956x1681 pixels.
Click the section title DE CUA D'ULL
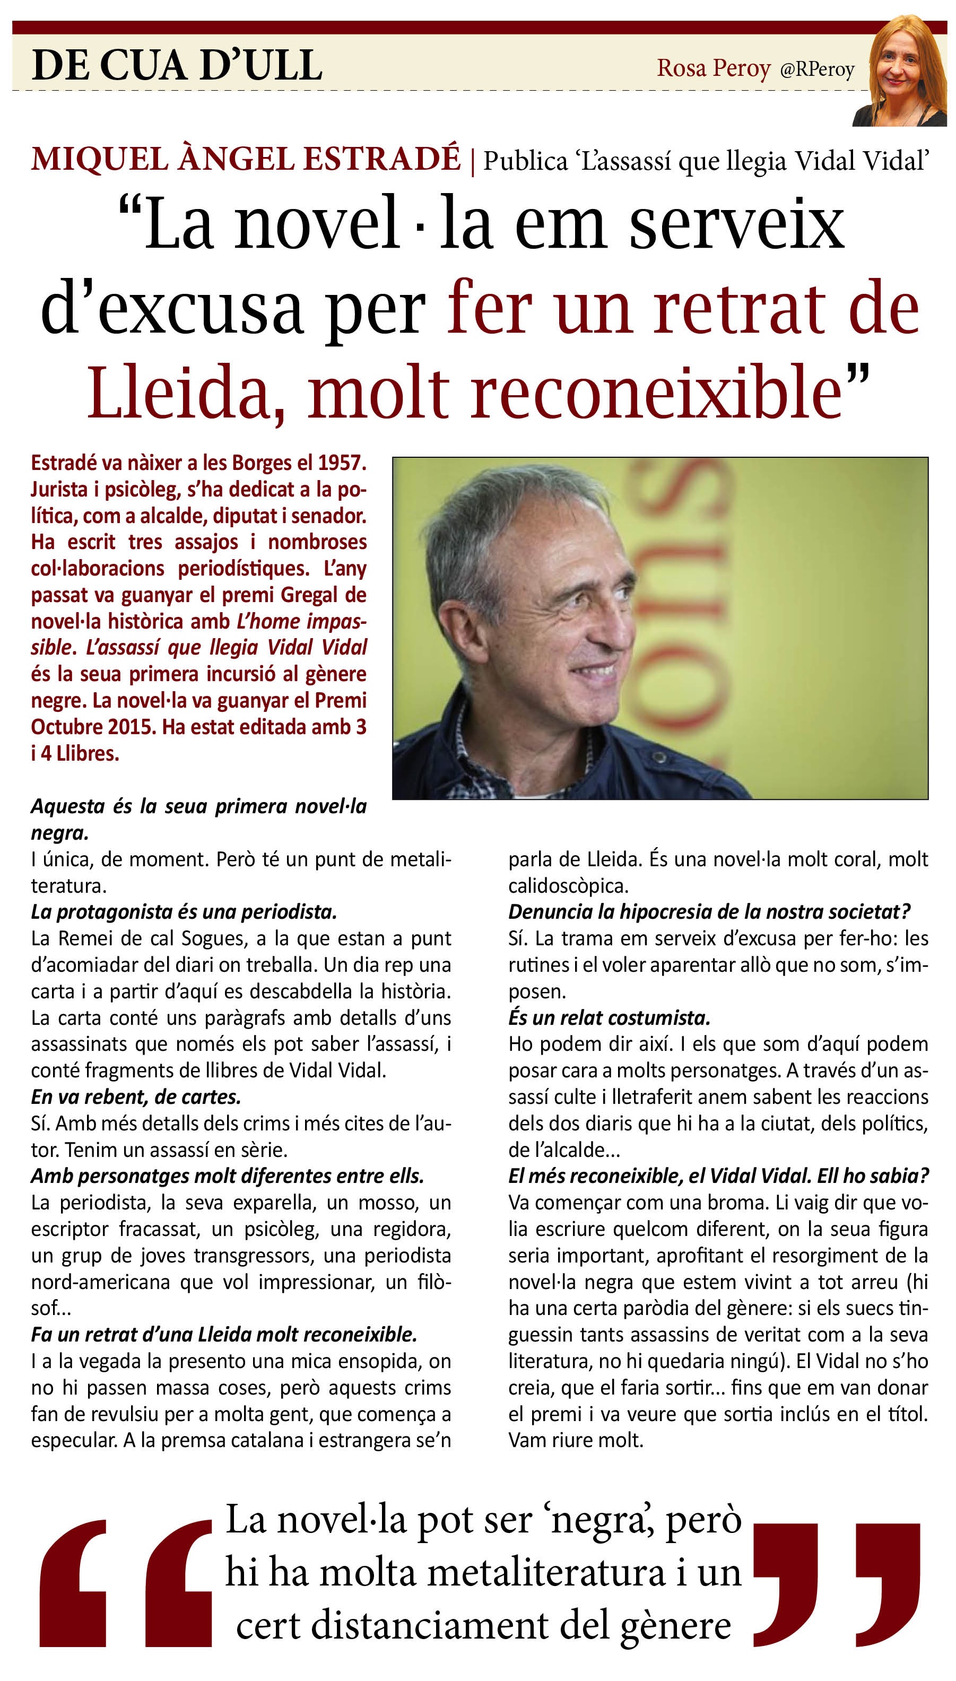point(177,66)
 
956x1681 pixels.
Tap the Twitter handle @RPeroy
point(817,69)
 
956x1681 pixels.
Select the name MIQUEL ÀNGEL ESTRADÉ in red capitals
point(246,160)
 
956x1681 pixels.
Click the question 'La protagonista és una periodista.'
point(184,912)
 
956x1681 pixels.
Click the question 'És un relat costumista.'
point(610,1017)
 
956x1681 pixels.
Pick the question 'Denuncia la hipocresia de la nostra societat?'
point(710,912)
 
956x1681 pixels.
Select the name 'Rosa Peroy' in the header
point(714,68)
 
